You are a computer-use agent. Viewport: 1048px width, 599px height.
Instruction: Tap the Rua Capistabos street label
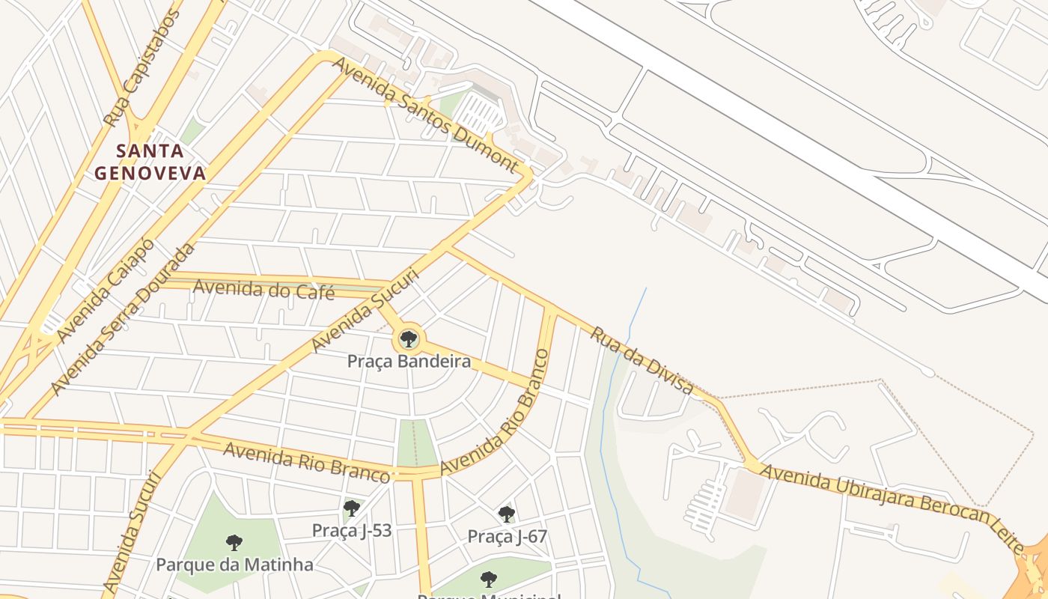coord(142,67)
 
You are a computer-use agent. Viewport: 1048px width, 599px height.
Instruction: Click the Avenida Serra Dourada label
coord(124,319)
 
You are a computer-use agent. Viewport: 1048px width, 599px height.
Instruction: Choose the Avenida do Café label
coord(263,288)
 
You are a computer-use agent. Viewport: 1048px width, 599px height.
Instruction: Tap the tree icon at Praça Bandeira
coord(409,340)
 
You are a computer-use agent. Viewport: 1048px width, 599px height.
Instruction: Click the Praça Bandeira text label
coord(409,362)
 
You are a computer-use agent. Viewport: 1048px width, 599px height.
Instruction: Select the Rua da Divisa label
coord(642,359)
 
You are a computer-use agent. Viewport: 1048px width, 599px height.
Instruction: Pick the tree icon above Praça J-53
coord(351,509)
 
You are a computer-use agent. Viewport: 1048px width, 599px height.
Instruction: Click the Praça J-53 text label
coord(351,530)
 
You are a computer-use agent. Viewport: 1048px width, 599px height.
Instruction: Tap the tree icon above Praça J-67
coord(507,514)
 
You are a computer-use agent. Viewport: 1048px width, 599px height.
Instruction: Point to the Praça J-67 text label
coord(508,536)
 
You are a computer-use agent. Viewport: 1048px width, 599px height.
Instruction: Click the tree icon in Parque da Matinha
coord(234,542)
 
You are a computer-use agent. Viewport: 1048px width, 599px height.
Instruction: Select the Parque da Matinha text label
coord(234,564)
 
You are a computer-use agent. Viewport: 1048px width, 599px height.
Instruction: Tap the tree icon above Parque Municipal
coord(489,579)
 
